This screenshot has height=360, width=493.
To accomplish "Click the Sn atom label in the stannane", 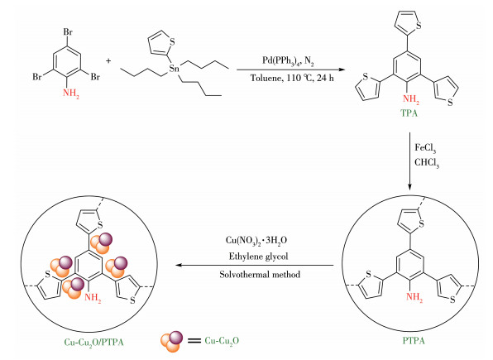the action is tap(174, 68).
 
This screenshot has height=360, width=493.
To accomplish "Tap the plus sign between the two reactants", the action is tap(108, 60).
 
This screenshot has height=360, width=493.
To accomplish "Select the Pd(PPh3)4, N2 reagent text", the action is tap(288, 60).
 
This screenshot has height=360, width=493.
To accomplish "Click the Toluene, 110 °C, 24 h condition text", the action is tap(292, 78).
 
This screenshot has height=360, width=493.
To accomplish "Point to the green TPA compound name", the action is tap(409, 113).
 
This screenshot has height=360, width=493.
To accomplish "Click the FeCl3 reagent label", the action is tap(425, 148).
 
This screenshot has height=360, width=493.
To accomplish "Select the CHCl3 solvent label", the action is tap(427, 163).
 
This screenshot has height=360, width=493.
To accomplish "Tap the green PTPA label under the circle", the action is tap(414, 340).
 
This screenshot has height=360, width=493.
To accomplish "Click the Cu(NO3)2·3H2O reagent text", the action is tap(256, 241).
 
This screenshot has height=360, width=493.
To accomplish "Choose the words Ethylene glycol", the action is tap(258, 257).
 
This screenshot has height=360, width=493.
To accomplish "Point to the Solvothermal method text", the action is tap(260, 275).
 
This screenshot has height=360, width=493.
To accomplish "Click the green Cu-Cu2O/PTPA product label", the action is tap(93, 342).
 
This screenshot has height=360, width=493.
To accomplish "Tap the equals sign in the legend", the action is tap(194, 341).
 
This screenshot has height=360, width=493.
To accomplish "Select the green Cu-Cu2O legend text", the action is tap(222, 341).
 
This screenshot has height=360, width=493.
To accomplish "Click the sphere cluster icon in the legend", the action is tap(171, 342).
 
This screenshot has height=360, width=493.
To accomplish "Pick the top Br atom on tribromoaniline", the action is tap(68, 31).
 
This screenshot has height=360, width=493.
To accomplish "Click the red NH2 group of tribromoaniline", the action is tap(71, 94).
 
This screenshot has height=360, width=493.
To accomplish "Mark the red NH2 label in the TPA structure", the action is tap(410, 99).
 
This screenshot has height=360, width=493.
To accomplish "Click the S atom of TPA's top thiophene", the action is tap(419, 26).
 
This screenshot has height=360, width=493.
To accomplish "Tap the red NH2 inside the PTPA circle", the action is tap(414, 297).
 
